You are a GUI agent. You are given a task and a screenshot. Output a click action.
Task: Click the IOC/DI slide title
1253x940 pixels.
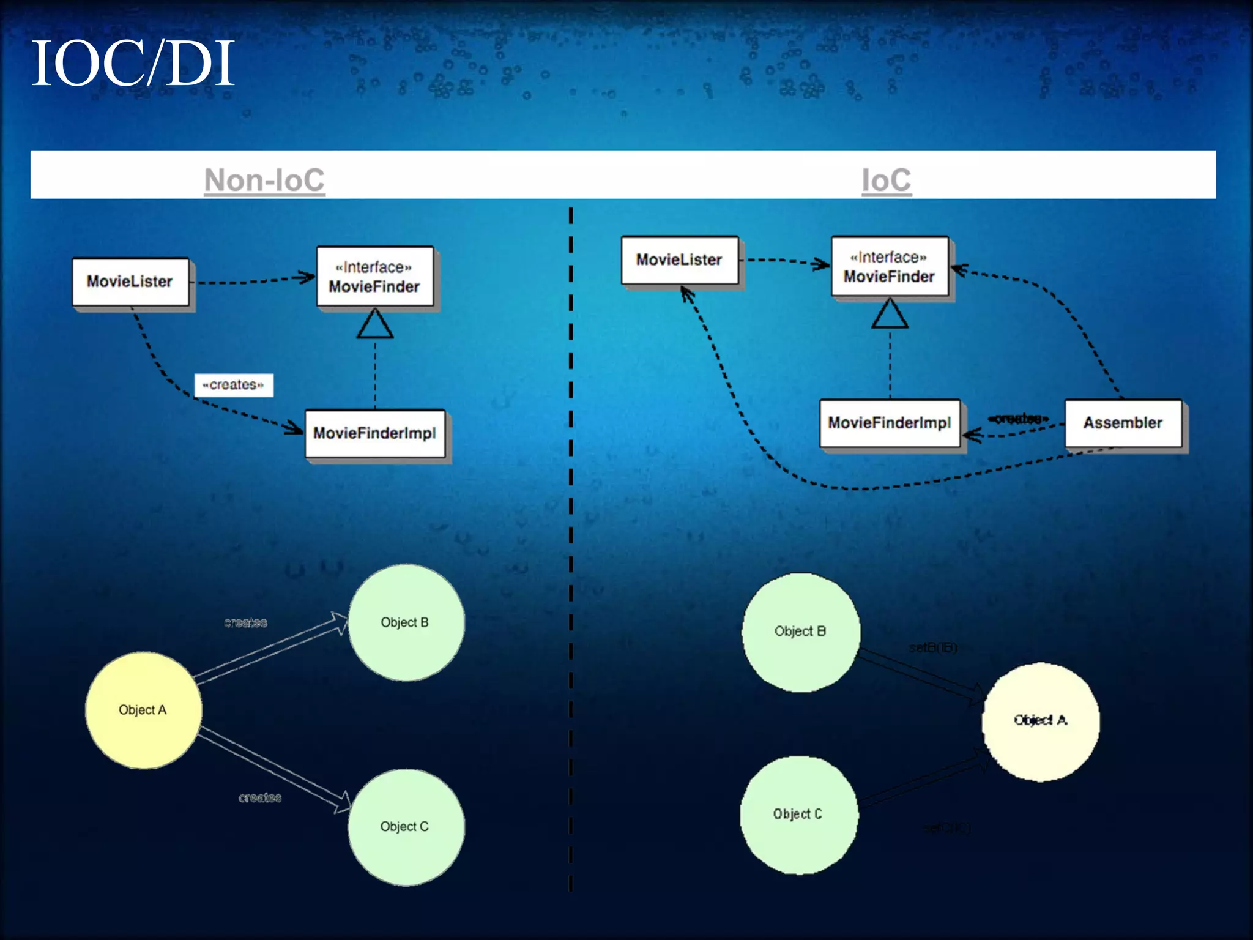133,64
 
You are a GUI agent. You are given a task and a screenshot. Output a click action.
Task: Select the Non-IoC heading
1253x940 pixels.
264,180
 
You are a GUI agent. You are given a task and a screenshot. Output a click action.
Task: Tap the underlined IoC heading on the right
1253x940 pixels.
886,180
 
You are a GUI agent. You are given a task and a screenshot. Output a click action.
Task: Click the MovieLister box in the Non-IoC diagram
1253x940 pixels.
130,282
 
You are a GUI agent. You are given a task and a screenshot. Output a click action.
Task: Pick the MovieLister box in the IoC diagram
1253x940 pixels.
679,260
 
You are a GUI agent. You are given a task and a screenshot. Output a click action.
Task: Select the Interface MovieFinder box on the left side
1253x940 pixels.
374,277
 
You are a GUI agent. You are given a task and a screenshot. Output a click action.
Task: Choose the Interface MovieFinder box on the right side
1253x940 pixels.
889,267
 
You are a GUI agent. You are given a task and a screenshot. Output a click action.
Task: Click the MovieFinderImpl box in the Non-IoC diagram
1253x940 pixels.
374,433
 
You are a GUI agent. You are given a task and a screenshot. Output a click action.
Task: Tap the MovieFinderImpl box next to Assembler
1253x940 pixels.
889,423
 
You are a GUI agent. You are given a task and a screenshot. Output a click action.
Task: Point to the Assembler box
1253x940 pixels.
1123,423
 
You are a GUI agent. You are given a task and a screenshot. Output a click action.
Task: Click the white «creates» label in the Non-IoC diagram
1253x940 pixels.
233,385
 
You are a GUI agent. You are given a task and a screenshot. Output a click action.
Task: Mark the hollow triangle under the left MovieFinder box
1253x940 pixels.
375,324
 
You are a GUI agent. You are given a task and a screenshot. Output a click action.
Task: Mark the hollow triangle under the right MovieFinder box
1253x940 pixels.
890,315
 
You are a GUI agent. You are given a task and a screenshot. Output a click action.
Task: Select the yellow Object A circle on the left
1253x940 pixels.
143,710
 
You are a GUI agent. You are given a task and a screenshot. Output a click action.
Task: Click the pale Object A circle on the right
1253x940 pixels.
1040,721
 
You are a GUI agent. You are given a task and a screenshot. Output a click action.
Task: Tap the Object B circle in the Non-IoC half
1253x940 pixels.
406,622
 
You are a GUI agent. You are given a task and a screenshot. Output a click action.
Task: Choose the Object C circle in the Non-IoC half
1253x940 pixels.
406,827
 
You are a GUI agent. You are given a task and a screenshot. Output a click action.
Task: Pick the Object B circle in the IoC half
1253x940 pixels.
800,632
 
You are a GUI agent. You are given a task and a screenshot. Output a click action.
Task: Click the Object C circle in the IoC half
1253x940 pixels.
798,815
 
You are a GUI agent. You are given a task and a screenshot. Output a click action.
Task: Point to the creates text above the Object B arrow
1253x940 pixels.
245,623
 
